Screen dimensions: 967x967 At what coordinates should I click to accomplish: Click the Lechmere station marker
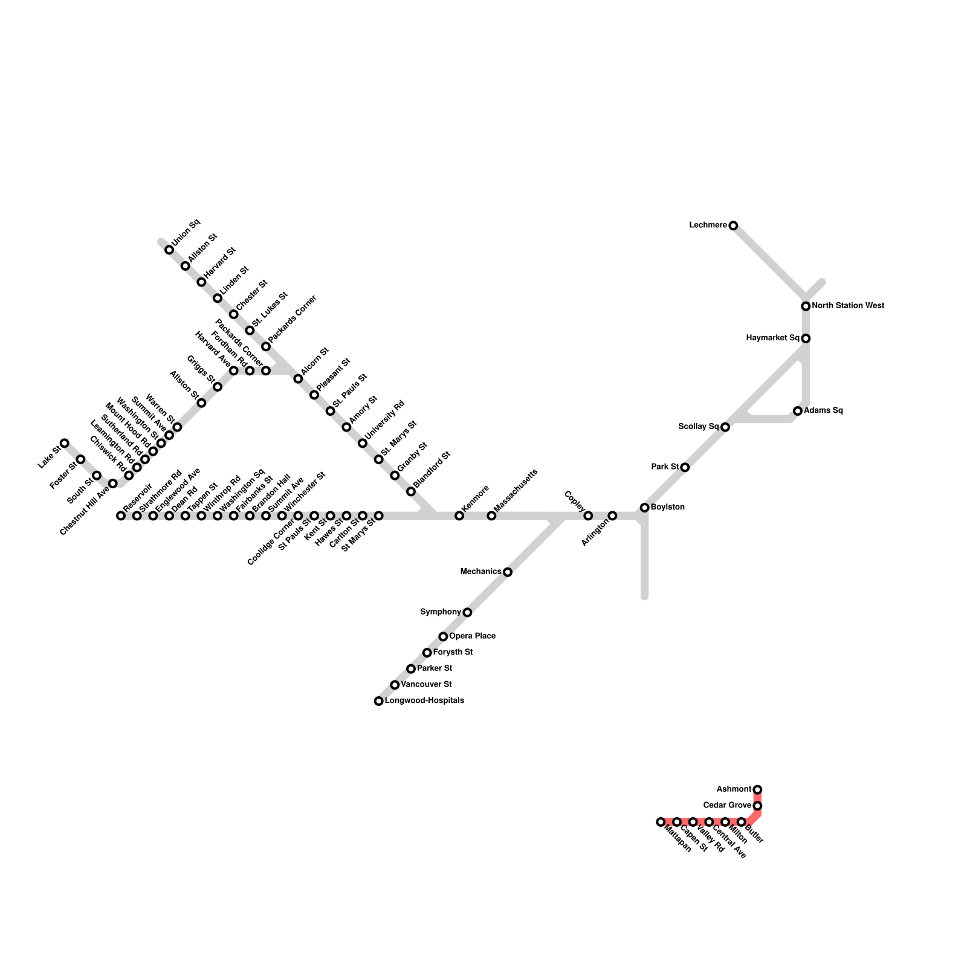point(733,225)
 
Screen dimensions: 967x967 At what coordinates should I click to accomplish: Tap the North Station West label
point(847,306)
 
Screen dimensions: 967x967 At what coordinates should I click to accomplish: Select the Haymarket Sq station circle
point(806,338)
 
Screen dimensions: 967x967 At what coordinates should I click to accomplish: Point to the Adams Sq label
point(823,410)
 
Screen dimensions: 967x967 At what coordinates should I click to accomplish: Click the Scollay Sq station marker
point(725,427)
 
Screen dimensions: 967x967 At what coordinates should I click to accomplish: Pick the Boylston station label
point(667,507)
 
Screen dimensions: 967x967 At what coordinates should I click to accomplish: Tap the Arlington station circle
point(612,516)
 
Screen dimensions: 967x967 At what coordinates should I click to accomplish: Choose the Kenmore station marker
point(459,516)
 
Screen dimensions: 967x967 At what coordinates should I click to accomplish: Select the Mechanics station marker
point(508,572)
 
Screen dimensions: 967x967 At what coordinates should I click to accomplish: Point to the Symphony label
point(441,612)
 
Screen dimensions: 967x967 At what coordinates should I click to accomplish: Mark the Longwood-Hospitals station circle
point(378,701)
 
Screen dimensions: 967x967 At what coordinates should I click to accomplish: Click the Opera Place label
point(472,636)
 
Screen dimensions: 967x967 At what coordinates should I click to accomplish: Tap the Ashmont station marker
point(757,789)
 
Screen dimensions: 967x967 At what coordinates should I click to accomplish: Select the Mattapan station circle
point(661,822)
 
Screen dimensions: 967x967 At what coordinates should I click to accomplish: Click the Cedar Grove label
point(727,806)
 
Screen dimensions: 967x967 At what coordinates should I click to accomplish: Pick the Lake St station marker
point(65,443)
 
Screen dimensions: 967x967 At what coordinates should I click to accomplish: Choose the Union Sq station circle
point(169,250)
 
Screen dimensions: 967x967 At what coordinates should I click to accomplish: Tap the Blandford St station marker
point(411,491)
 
